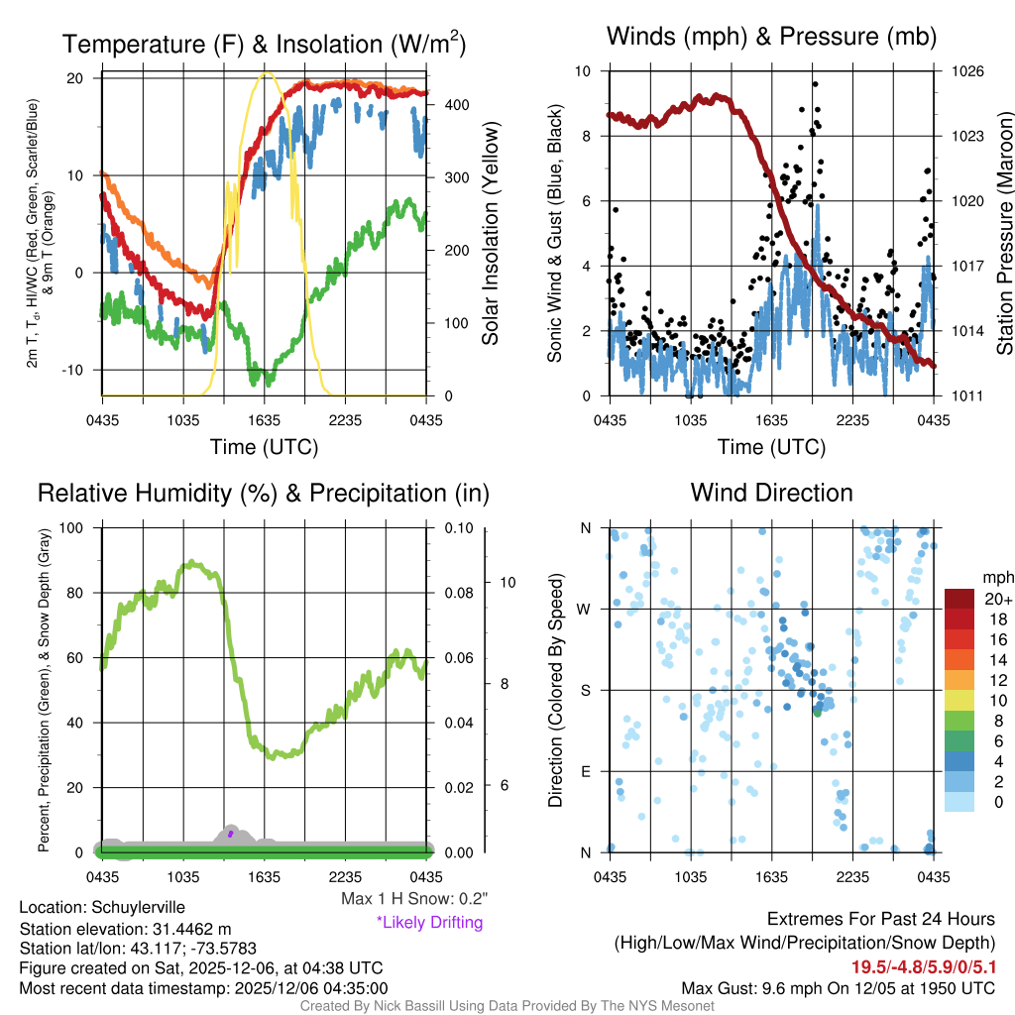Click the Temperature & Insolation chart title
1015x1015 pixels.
tap(264, 44)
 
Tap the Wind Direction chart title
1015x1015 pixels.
tap(771, 493)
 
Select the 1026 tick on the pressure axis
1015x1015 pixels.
tap(966, 71)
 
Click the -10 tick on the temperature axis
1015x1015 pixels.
tap(76, 370)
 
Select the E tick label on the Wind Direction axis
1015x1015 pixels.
tap(585, 771)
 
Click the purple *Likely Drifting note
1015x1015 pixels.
tap(429, 922)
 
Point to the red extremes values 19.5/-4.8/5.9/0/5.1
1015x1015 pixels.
tap(923, 966)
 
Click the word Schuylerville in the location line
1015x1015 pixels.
tap(138, 907)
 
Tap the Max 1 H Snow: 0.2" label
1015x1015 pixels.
tap(414, 899)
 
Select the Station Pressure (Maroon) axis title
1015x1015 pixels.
tap(1003, 233)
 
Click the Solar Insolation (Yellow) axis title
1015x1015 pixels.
tap(491, 233)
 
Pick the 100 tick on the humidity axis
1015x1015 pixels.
tap(76, 527)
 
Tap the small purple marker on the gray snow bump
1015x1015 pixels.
tap(230, 835)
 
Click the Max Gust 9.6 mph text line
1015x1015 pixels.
tap(838, 988)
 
